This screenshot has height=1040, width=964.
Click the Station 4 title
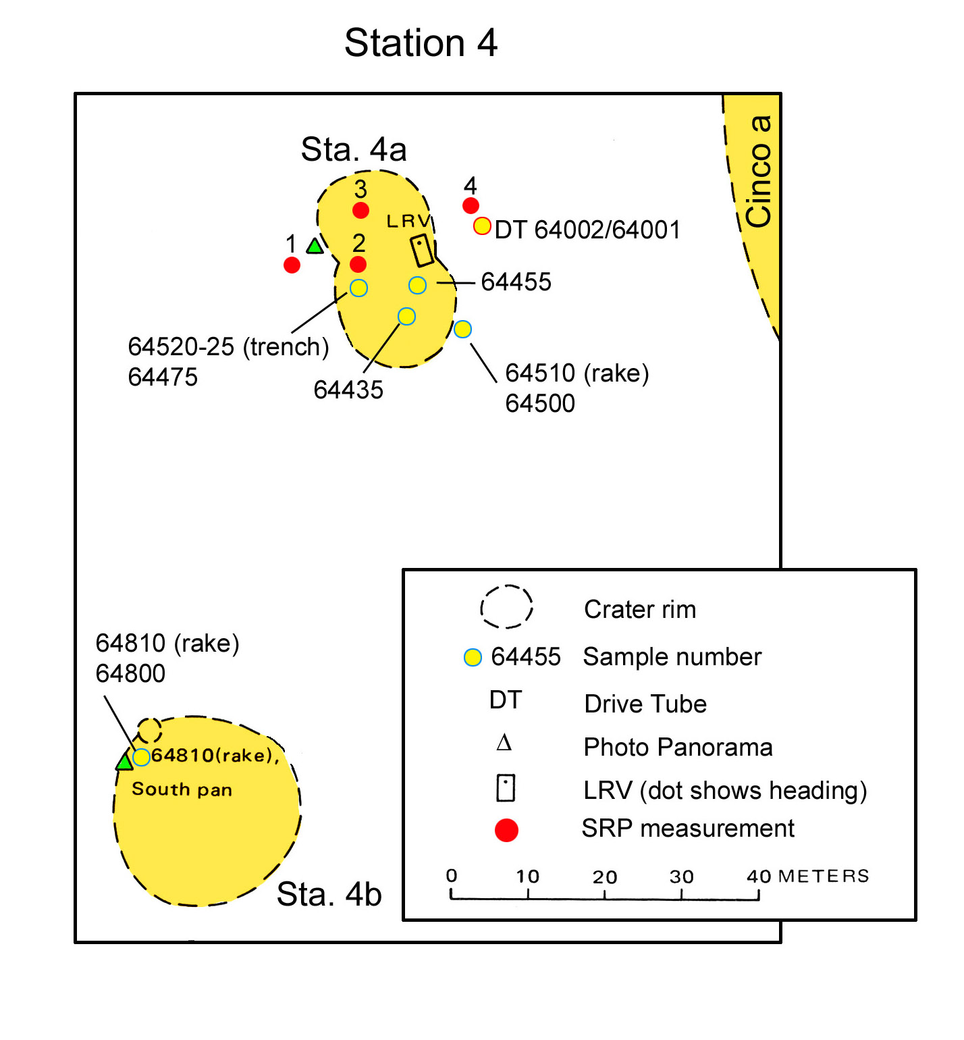421,43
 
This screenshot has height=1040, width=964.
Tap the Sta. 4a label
354,149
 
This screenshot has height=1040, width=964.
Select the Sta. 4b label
329,894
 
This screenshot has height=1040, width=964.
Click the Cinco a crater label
759,172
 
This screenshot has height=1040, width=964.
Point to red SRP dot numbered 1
292,265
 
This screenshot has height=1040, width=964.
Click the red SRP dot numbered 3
360,210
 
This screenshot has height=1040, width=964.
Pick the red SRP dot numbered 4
471,205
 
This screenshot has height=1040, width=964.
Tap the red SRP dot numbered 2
358,264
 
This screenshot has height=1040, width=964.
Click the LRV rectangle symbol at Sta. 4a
423,251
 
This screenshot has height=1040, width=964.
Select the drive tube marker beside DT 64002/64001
482,226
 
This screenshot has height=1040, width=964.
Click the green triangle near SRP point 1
315,246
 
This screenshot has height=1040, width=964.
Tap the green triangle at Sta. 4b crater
125,761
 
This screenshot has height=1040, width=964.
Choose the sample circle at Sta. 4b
141,757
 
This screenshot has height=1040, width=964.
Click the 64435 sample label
348,390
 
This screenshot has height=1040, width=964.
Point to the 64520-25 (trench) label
228,346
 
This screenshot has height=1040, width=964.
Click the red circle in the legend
506,830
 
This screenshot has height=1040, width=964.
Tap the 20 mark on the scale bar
605,877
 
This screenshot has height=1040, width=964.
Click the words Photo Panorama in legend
678,748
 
